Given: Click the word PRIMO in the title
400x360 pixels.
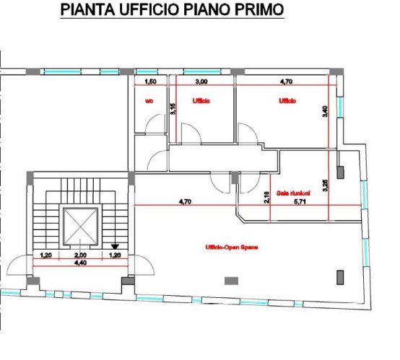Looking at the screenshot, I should click(x=258, y=11).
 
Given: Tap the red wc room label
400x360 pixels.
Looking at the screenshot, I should click(x=149, y=101).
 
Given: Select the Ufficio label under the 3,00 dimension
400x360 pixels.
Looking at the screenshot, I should click(x=201, y=101).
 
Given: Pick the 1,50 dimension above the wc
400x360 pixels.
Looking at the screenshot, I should click(x=151, y=82).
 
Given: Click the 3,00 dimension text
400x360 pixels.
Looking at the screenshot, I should click(x=202, y=82).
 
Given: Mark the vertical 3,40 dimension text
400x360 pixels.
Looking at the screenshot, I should click(x=326, y=112).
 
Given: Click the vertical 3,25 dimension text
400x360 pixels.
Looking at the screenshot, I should click(x=326, y=185).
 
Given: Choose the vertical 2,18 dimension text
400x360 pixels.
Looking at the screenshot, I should click(x=266, y=195).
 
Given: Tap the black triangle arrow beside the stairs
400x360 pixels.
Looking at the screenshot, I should click(x=115, y=245).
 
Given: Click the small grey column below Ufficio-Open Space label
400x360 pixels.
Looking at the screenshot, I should click(x=232, y=280).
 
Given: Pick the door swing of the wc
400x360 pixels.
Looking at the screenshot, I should click(x=153, y=128).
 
